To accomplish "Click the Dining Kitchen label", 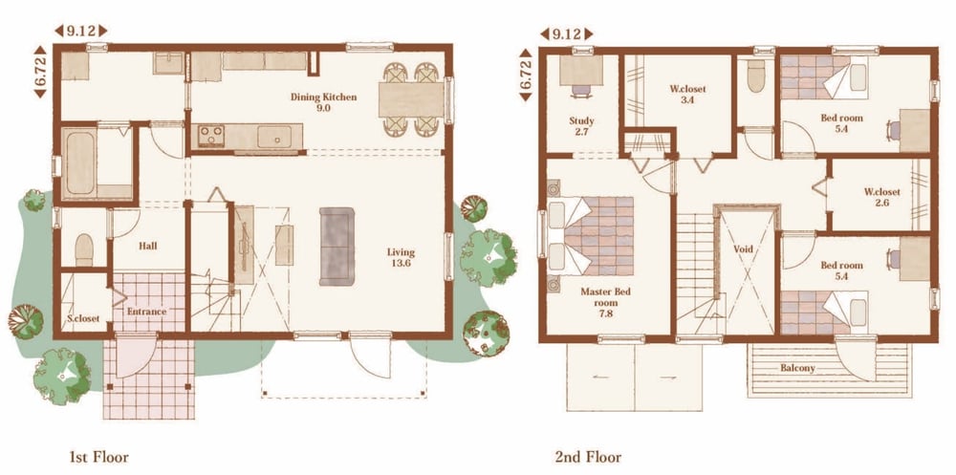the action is click(323, 102).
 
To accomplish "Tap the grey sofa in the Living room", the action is click(337, 247).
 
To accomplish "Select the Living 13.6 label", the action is click(401, 257).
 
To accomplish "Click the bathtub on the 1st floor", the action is click(80, 162).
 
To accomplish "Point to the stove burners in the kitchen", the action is click(211, 136).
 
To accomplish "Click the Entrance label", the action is click(146, 312).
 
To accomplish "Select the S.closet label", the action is click(83, 318).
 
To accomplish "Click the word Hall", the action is click(147, 246).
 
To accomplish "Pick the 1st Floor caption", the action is click(98, 457).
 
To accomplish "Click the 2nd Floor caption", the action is click(588, 457).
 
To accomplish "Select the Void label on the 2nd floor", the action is click(743, 248).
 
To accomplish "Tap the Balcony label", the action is click(797, 368).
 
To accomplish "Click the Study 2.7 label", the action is click(581, 126).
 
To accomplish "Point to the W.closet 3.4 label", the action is click(687, 95).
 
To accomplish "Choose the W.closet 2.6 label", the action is click(881, 197).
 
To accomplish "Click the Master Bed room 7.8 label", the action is click(605, 302).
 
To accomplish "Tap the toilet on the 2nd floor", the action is click(756, 76).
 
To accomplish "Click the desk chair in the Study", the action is click(581, 91).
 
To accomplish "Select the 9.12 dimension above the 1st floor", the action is click(81, 31).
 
